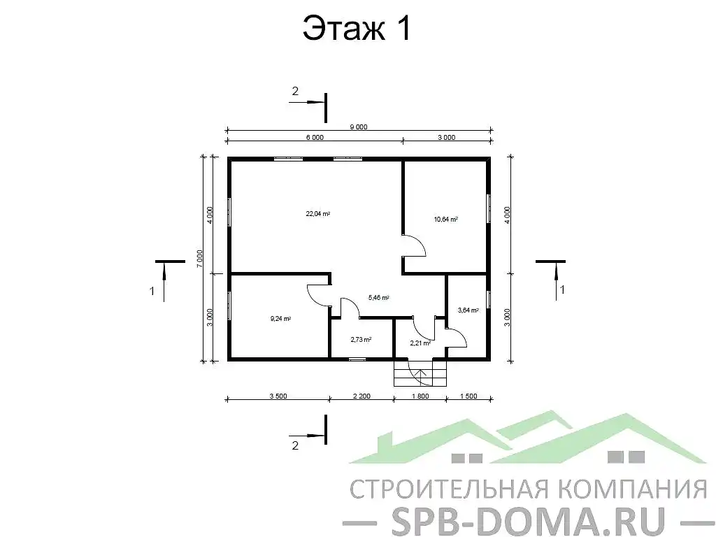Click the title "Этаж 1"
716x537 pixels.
pyautogui.click(x=356, y=29)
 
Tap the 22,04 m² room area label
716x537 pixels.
pyautogui.click(x=317, y=213)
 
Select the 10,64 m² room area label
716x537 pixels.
pyautogui.click(x=445, y=219)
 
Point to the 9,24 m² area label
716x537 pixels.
pyautogui.click(x=280, y=319)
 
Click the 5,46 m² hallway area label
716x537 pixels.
pyautogui.click(x=378, y=297)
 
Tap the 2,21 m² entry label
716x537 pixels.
pyautogui.click(x=420, y=343)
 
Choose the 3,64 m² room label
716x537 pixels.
pyautogui.click(x=468, y=310)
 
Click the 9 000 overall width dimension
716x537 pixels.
pyautogui.click(x=358, y=127)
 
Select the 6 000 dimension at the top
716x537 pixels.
pyautogui.click(x=315, y=138)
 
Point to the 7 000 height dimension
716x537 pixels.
pyautogui.click(x=200, y=258)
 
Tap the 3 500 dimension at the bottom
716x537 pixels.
pyautogui.click(x=277, y=396)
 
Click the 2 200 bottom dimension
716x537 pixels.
pyautogui.click(x=361, y=396)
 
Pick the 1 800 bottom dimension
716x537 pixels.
pyautogui.click(x=420, y=396)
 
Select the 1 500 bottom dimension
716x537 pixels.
pyautogui.click(x=468, y=396)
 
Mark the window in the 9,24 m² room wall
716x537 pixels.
pyautogui.click(x=229, y=306)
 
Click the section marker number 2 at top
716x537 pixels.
pyautogui.click(x=295, y=91)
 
